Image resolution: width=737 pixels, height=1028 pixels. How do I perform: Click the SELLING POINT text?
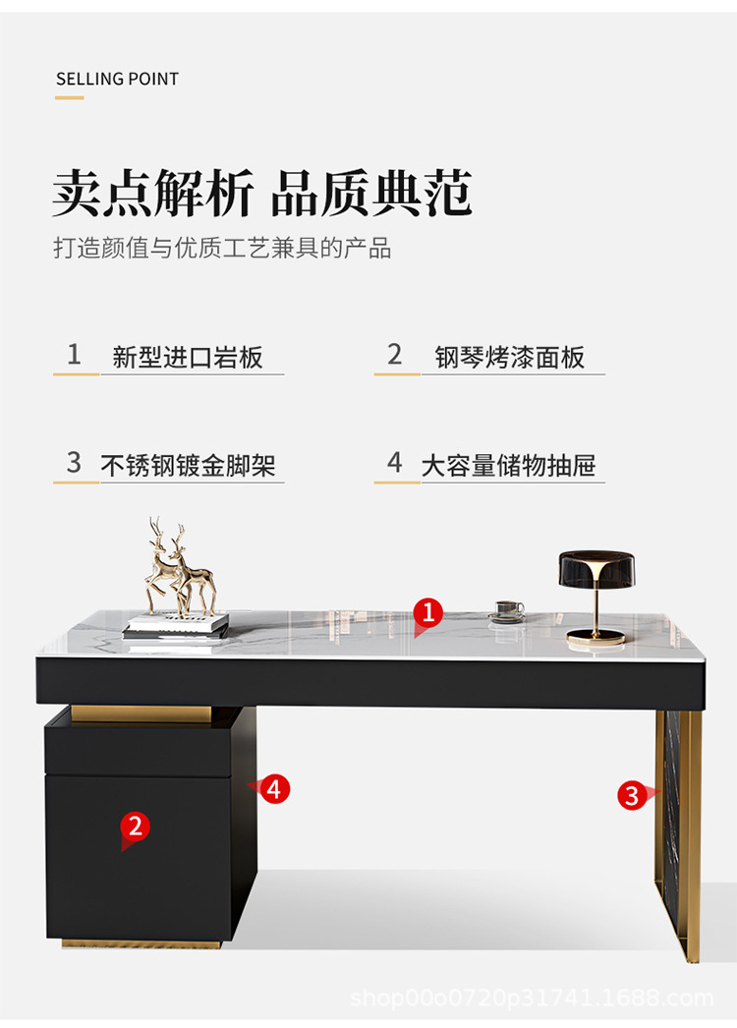click(117, 79)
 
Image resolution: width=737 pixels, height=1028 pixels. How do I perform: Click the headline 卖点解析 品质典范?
click(262, 193)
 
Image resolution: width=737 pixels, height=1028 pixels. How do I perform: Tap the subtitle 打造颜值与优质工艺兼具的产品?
click(222, 248)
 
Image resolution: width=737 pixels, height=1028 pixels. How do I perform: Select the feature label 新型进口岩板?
click(188, 358)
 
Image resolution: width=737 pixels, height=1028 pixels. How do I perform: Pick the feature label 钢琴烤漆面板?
click(510, 358)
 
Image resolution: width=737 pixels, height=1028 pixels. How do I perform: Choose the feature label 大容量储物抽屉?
click(508, 466)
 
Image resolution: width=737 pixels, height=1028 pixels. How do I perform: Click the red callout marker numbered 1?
click(427, 613)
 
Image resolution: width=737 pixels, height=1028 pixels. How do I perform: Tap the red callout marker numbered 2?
click(135, 827)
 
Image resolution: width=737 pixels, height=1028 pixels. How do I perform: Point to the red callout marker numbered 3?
click(632, 794)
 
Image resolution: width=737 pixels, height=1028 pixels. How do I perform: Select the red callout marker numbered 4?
click(275, 788)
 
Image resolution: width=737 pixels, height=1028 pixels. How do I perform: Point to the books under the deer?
click(176, 625)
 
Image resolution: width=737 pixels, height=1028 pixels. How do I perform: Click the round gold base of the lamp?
click(595, 636)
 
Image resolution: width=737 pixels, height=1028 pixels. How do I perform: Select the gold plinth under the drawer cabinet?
click(142, 944)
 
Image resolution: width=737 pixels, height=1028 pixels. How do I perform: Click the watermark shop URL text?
click(532, 999)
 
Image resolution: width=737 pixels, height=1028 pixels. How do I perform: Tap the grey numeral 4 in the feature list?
click(395, 463)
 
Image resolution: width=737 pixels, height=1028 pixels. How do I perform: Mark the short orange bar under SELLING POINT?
click(70, 97)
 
